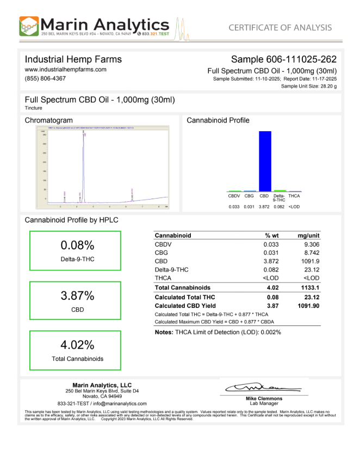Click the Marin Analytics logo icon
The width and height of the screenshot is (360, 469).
(x=29, y=26)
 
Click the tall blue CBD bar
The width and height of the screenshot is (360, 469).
(x=264, y=161)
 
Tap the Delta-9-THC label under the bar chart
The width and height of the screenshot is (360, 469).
(x=279, y=198)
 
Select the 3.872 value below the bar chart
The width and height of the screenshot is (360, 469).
(x=264, y=207)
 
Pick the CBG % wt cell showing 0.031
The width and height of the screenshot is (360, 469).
(x=271, y=252)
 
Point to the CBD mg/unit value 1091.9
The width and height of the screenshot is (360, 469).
(x=308, y=261)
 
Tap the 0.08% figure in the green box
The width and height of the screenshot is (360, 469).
(x=77, y=246)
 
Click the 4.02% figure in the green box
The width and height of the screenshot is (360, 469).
(x=77, y=345)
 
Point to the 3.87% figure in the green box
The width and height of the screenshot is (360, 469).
(x=77, y=296)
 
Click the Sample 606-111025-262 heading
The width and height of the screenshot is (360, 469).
(x=283, y=59)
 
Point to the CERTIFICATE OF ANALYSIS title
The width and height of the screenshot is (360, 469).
(x=280, y=28)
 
